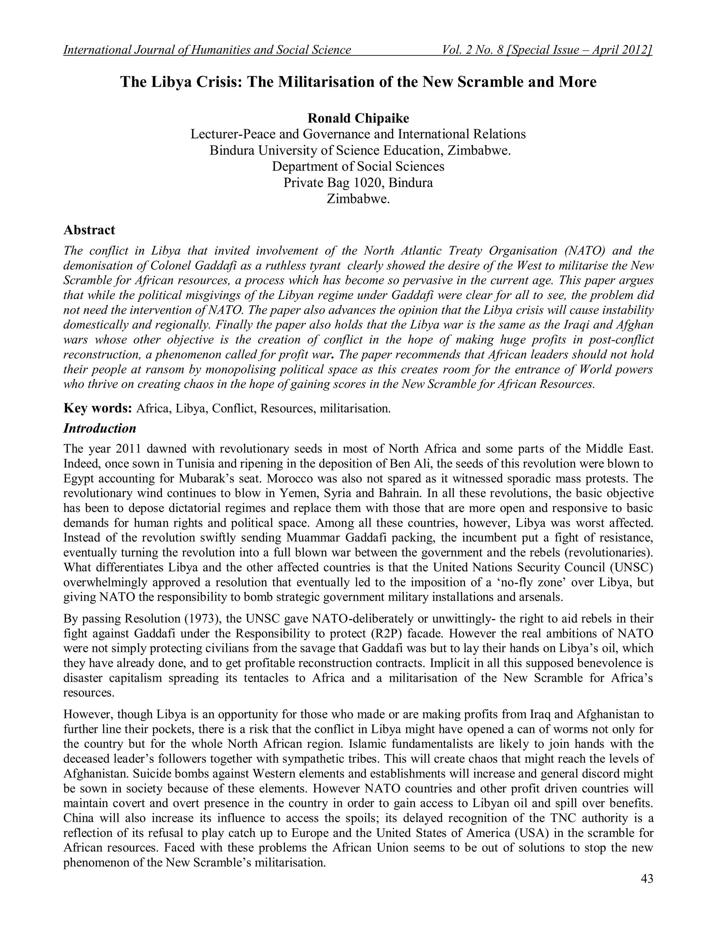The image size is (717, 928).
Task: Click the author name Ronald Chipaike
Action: [358, 118]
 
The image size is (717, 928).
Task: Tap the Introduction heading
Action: [100, 428]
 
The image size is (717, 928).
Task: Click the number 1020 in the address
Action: [369, 183]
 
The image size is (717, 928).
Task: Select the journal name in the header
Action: [207, 50]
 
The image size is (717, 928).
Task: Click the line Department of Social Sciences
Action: [358, 166]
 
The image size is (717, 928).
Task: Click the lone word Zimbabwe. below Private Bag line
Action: [358, 199]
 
